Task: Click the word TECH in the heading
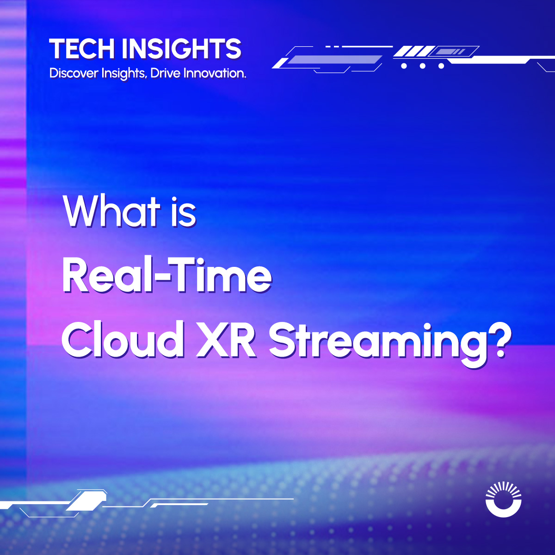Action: [82, 49]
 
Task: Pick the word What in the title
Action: [111, 211]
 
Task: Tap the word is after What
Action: [184, 211]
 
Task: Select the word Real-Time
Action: [166, 276]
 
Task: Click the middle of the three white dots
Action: [422, 66]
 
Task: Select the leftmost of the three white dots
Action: [404, 66]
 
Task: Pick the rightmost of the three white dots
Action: [441, 66]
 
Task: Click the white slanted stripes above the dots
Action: [414, 51]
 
